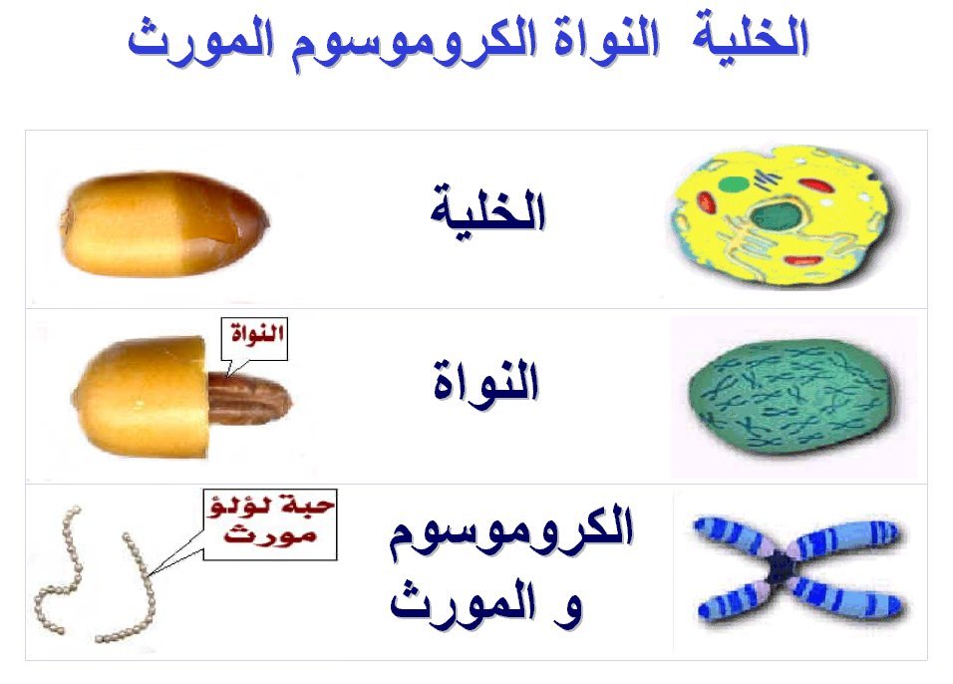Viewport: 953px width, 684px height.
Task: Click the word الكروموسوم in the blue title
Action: [415, 43]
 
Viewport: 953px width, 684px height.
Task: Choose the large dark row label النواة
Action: [486, 381]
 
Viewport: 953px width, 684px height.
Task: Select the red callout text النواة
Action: [257, 333]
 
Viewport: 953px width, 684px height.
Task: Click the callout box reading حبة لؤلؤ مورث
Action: [270, 524]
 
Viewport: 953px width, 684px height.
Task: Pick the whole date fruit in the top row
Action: [164, 223]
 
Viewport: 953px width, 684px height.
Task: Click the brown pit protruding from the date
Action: [250, 398]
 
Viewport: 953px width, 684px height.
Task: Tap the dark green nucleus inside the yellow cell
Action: [776, 216]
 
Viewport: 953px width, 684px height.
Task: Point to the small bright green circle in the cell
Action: [735, 183]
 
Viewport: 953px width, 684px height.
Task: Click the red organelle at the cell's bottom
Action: [803, 261]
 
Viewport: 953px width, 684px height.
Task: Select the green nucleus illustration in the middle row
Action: [793, 397]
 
